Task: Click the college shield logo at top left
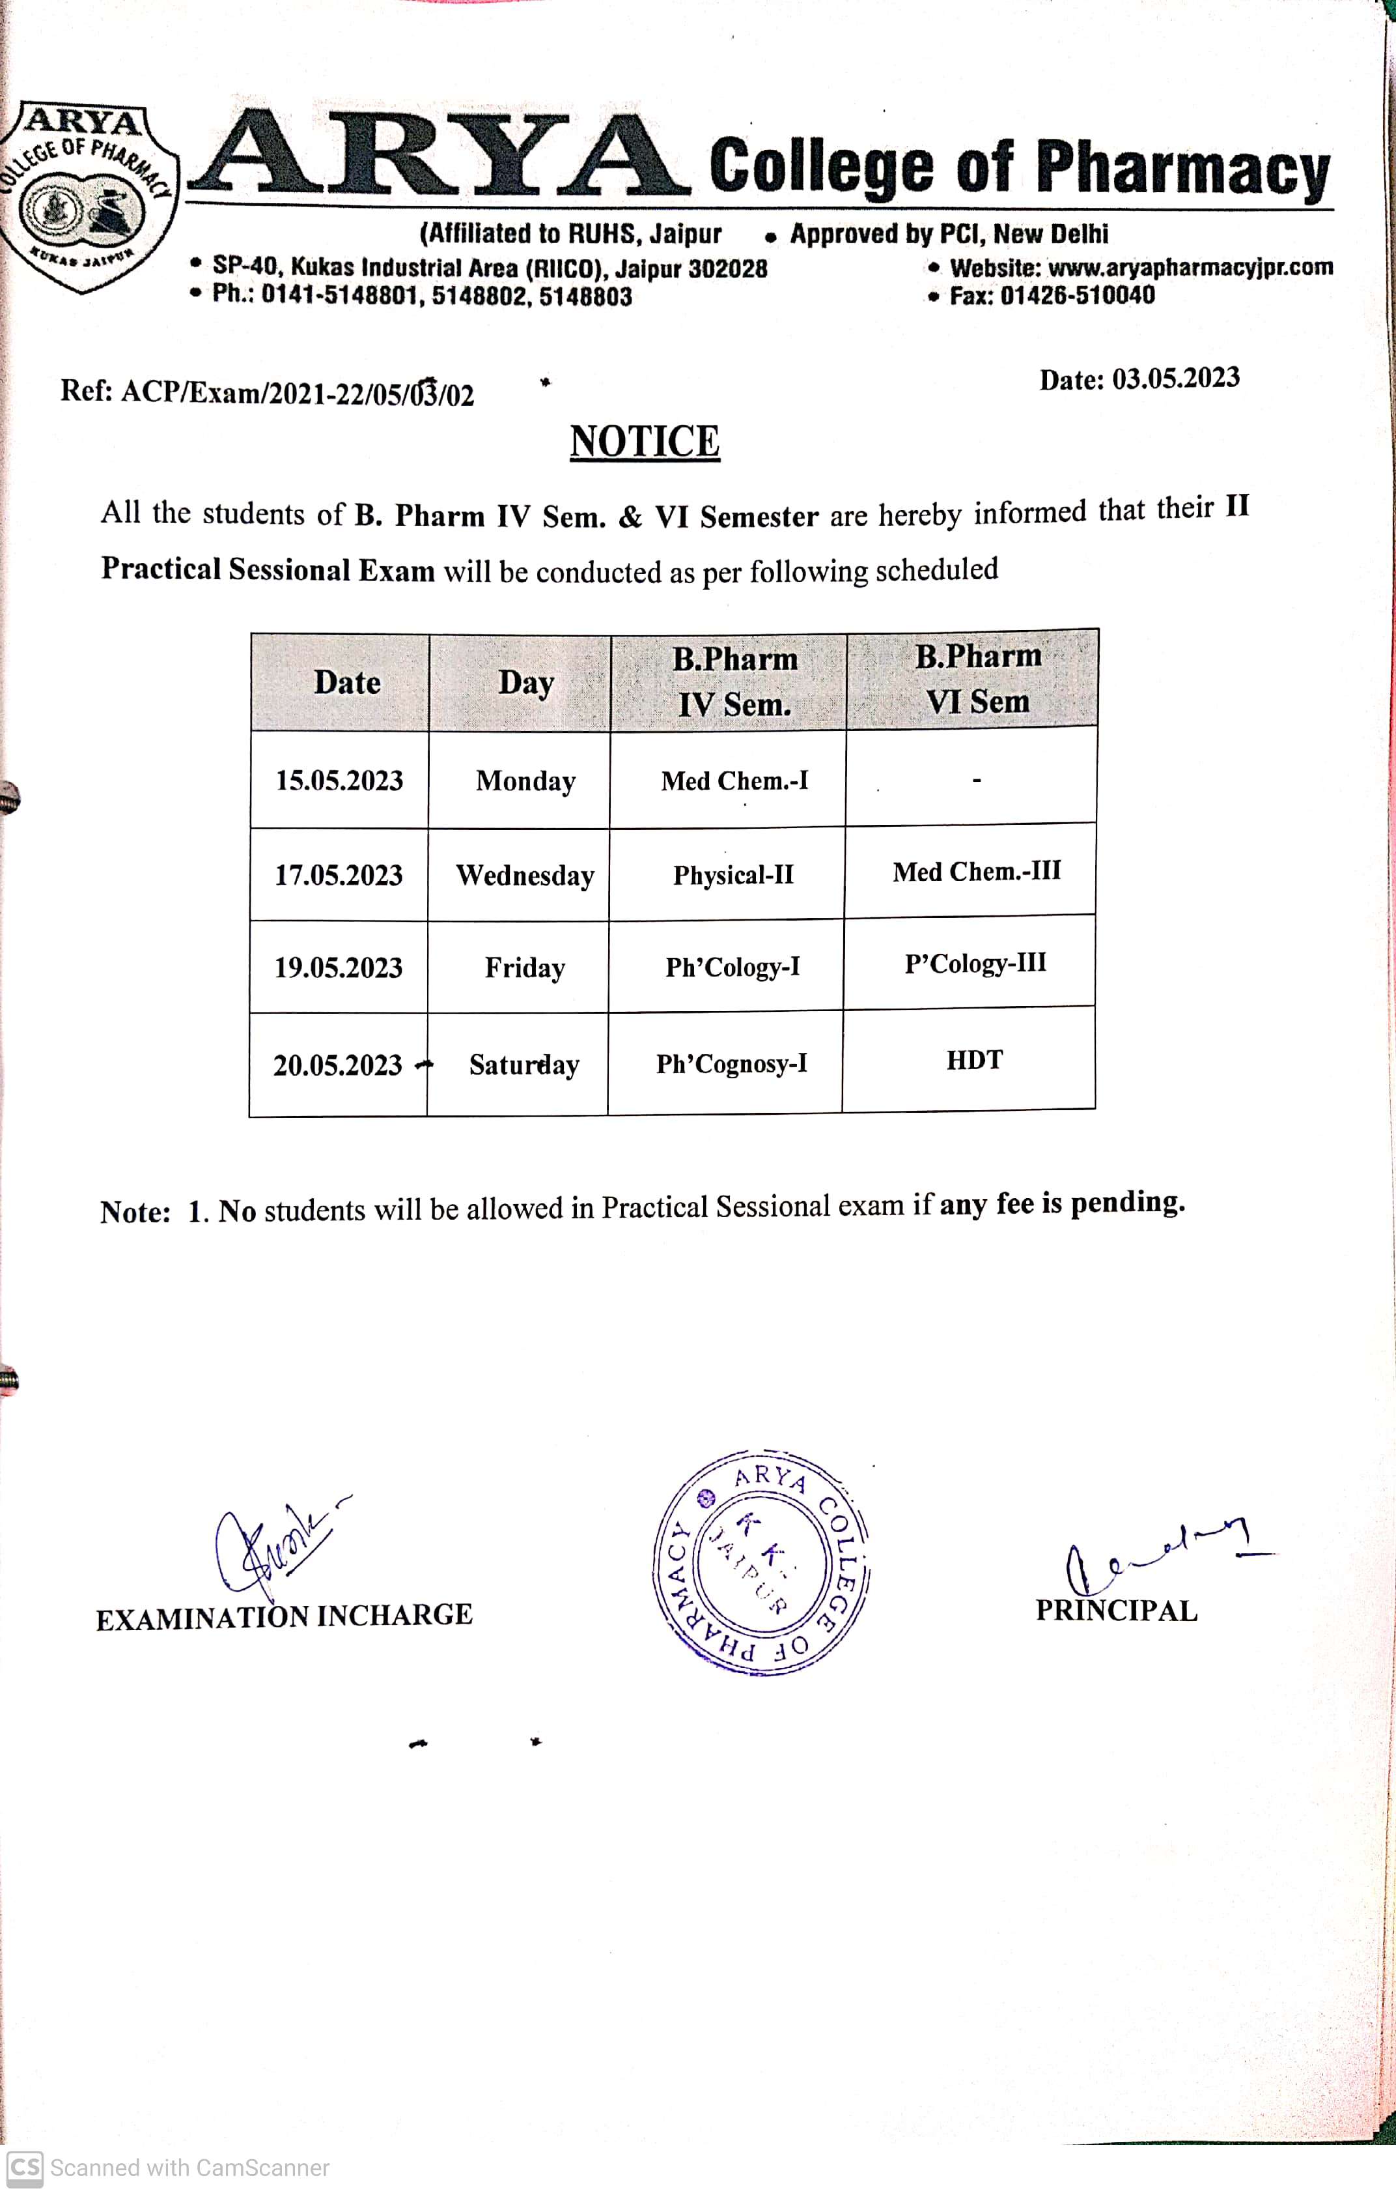click(87, 197)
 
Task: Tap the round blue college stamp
click(761, 1563)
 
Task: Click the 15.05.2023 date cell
click(339, 781)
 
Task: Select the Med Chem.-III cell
click(976, 872)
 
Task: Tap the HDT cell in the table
click(974, 1060)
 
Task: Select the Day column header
click(525, 683)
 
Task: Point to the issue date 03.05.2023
click(1175, 379)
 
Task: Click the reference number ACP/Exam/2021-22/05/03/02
click(297, 394)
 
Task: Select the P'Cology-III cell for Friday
click(975, 964)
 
